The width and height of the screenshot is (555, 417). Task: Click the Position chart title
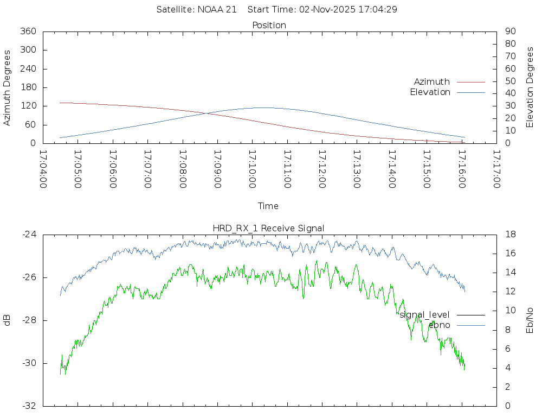269,25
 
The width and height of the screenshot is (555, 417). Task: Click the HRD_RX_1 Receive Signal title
269,228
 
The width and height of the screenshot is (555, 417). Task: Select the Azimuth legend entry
432,81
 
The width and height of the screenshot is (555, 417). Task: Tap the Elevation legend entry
430,92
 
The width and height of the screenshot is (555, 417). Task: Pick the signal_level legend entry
424,314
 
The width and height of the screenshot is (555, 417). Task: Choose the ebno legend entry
439,325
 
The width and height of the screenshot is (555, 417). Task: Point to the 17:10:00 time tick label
253,169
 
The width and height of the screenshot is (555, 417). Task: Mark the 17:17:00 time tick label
496,169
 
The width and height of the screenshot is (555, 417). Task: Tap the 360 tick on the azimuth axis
28,31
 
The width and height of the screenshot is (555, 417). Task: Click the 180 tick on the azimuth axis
28,87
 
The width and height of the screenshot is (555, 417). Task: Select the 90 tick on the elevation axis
510,31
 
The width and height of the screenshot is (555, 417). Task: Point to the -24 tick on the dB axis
28,235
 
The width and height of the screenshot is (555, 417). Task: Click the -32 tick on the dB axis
28,406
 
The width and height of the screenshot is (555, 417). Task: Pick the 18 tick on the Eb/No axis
510,235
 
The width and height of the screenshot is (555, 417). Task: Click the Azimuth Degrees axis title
8,87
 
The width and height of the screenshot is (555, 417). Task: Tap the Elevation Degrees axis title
530,87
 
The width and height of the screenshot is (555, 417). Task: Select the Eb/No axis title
530,320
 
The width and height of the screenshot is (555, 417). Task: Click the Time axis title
268,206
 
